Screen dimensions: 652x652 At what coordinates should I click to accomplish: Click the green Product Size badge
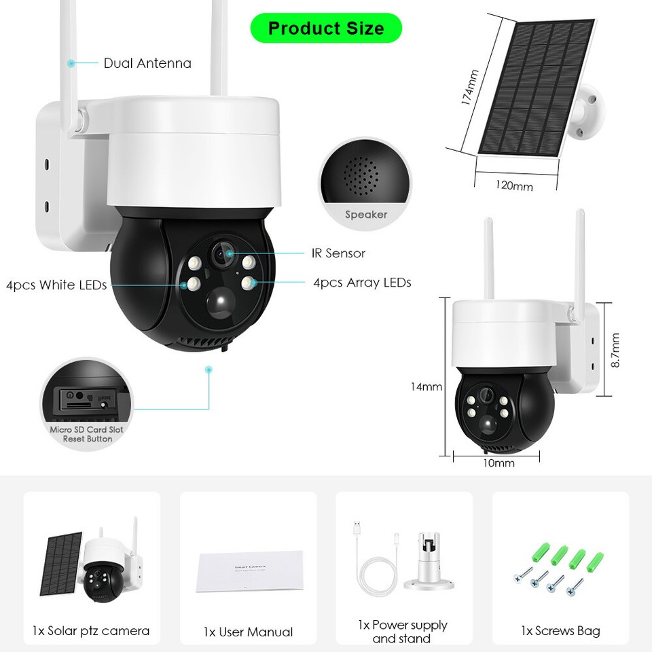326,29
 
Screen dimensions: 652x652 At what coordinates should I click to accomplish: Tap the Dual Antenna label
147,64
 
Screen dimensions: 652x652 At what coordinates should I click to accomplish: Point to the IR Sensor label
338,253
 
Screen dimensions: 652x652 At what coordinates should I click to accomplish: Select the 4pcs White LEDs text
56,285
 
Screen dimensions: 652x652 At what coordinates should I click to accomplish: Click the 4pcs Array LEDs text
362,283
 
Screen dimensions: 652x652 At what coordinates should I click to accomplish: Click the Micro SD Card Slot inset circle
87,403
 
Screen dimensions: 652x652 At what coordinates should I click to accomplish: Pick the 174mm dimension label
469,87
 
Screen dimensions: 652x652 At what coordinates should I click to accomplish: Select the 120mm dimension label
513,185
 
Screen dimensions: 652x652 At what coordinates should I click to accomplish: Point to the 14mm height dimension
426,387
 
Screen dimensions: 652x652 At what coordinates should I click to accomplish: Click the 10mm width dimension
499,464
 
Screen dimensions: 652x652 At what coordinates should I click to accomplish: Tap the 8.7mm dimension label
615,350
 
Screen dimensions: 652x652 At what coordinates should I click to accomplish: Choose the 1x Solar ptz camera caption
91,631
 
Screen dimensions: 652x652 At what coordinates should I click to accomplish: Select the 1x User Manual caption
248,632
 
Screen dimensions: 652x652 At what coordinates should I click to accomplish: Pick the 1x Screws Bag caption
560,631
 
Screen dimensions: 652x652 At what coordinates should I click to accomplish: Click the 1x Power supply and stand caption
403,632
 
